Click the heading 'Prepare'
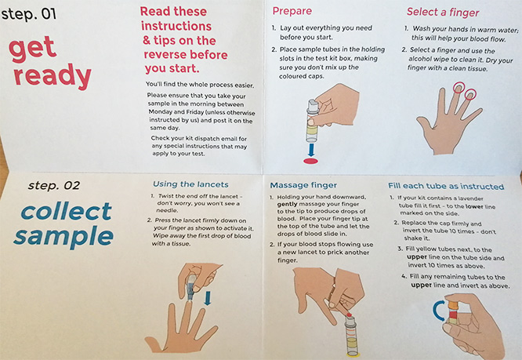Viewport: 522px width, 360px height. click(x=292, y=11)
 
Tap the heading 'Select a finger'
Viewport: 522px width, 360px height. click(x=443, y=13)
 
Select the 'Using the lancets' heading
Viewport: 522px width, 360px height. click(x=190, y=184)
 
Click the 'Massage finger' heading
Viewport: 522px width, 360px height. click(x=303, y=185)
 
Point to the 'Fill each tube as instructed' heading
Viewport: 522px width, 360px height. click(x=446, y=186)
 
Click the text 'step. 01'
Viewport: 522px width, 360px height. click(x=29, y=14)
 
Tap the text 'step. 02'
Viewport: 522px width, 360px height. click(x=54, y=186)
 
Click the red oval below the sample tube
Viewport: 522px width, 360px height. click(x=310, y=162)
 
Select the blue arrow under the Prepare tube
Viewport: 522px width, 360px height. click(x=311, y=150)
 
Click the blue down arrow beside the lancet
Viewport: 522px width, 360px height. click(x=208, y=298)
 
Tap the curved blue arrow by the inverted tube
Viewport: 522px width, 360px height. click(x=437, y=311)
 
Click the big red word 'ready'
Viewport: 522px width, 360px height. click(x=53, y=76)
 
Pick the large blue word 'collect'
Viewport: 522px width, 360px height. click(x=67, y=211)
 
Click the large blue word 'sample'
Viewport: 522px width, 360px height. click(x=63, y=236)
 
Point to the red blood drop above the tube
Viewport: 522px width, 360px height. click(x=350, y=315)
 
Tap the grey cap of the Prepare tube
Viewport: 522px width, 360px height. click(x=314, y=107)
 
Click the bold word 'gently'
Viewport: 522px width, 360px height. click(x=288, y=204)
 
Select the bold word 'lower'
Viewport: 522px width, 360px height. click(x=474, y=206)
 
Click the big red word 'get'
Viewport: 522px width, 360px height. click(x=32, y=49)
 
